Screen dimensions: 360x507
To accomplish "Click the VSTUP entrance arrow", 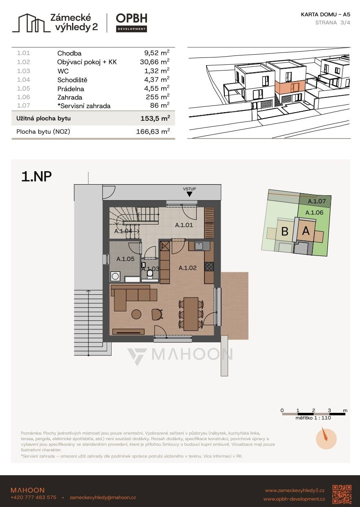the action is click(x=189, y=194).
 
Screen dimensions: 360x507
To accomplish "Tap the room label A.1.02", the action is click(x=187, y=268).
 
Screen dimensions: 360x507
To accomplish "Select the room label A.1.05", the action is click(x=125, y=259).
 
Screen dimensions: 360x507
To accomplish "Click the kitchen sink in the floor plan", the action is click(x=200, y=246).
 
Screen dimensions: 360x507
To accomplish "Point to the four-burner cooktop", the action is click(x=209, y=266).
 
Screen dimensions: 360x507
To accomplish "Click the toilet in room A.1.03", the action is click(x=150, y=275).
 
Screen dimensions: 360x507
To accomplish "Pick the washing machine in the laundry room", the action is click(x=115, y=277).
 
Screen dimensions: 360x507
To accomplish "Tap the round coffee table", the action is click(x=136, y=314).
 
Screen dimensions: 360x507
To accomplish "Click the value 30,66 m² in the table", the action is click(x=155, y=62).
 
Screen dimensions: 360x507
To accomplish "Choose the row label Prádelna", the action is click(x=70, y=89).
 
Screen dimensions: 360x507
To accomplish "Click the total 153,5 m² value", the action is click(x=155, y=118).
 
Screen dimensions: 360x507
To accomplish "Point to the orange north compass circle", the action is click(x=326, y=439).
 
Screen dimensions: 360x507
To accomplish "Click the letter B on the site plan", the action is click(x=285, y=231).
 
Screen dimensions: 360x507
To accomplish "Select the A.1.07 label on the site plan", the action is click(x=316, y=201).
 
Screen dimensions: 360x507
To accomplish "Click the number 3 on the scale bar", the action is click(x=329, y=410).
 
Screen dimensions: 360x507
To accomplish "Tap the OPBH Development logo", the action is click(x=132, y=23).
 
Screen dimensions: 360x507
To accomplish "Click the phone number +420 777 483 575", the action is click(x=33, y=498).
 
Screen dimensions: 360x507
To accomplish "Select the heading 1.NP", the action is click(x=36, y=176).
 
